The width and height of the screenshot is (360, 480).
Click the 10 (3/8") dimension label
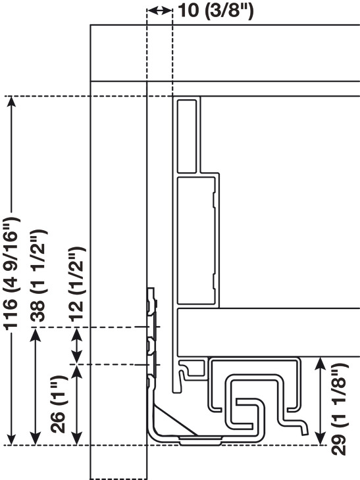tap(216, 11)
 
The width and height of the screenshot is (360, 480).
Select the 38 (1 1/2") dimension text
tap(38, 275)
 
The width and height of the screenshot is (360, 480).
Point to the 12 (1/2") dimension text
tap(76, 283)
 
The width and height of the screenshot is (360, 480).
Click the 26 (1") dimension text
tap(58, 404)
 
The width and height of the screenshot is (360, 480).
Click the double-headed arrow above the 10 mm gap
tap(160, 11)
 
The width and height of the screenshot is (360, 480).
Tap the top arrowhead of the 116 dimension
tap(11, 102)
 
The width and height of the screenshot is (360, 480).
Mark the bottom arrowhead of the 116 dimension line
tap(11, 439)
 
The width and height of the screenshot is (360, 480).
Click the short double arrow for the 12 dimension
tap(76, 346)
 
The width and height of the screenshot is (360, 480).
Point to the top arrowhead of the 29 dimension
tap(320, 364)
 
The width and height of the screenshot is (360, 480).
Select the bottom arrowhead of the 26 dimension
tap(76, 438)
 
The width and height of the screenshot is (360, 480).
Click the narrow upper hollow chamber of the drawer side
tap(187, 136)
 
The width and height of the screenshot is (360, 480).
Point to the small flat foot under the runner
tap(200, 441)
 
